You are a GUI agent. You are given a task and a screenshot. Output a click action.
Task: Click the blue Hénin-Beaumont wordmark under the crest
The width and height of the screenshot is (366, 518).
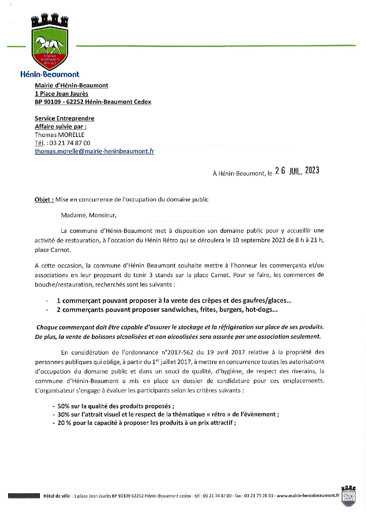[50, 74]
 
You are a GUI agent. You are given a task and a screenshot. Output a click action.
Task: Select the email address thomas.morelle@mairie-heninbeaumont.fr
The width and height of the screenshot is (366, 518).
[94, 151]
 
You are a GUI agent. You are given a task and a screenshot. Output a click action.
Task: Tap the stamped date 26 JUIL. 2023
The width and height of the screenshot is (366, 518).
[297, 171]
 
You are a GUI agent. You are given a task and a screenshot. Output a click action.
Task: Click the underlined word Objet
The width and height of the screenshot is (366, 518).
[44, 199]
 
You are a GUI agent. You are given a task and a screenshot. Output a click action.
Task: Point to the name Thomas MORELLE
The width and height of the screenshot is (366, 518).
[60, 135]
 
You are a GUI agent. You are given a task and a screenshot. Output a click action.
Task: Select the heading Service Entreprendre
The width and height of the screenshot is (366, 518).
[64, 118]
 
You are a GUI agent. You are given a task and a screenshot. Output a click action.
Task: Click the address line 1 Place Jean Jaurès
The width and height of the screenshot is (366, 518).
[61, 93]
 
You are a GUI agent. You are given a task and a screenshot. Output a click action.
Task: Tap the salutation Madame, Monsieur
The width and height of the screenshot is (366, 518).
[89, 215]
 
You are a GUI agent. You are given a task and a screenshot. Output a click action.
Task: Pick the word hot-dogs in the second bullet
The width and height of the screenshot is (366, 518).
[261, 309]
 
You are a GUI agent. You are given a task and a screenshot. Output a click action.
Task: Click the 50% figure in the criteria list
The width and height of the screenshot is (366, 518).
[63, 406]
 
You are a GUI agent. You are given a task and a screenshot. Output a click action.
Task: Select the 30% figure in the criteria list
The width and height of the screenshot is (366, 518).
[63, 414]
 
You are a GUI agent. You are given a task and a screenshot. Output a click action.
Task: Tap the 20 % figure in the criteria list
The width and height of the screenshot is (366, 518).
[64, 422]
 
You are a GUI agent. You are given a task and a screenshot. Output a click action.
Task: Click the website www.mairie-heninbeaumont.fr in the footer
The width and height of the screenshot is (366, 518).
[308, 496]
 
